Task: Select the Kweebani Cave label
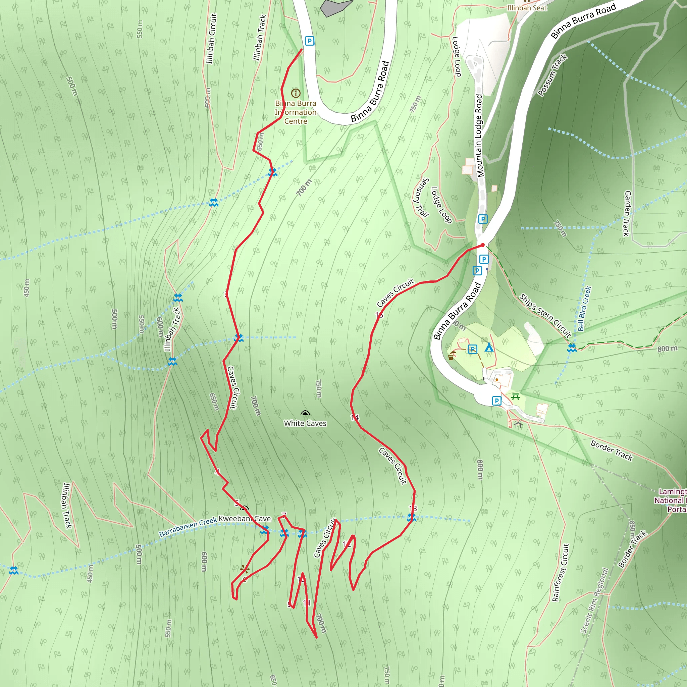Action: (244, 519)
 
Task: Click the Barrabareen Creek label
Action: (188, 528)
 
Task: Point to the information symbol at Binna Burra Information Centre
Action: (296, 93)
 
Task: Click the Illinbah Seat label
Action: (527, 8)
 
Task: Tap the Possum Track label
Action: (552, 75)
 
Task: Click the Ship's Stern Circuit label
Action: (545, 315)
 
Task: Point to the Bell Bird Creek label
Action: (584, 309)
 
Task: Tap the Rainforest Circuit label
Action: (561, 573)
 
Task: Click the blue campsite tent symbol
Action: (489, 347)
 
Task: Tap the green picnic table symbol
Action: (515, 397)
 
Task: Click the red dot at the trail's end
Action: (482, 245)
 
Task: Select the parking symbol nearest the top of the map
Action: (309, 41)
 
